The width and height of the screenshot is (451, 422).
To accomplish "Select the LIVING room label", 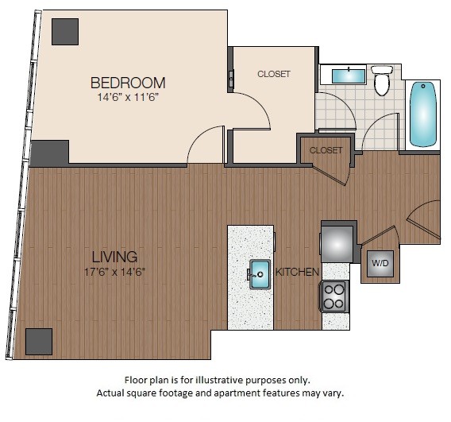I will point(114,257).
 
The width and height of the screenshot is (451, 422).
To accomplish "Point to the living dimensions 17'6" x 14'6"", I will point(114,271).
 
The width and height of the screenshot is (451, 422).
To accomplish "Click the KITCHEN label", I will point(297,273).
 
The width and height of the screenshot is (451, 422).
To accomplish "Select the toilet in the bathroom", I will point(383,79).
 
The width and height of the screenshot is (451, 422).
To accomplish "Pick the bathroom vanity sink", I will point(346,76).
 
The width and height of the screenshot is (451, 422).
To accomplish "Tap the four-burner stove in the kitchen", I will point(334,296).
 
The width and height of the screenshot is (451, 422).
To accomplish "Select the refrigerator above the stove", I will point(336,241).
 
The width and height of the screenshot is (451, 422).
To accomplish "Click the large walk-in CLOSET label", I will point(273,74).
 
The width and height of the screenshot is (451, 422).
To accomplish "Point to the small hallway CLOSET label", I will point(326,150).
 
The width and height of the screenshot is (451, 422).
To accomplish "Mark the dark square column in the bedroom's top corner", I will point(65,31).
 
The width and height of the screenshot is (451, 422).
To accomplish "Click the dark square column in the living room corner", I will point(38,341).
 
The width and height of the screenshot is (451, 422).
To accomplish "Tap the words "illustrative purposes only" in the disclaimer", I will point(260,380).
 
